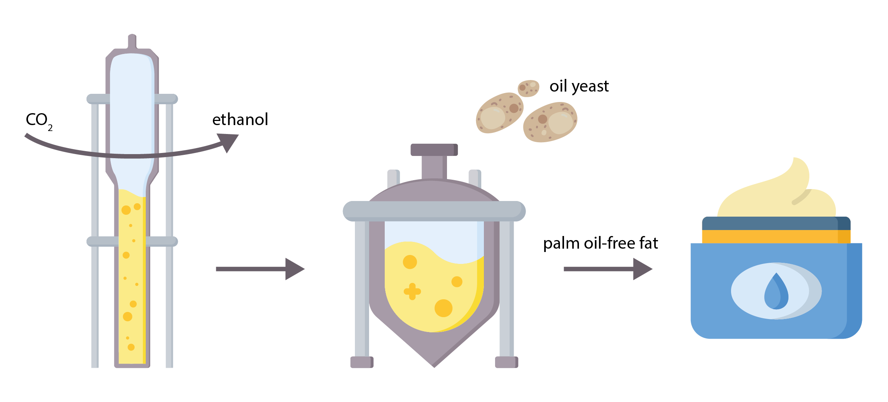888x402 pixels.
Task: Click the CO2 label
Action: click(39, 121)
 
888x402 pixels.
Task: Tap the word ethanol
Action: click(240, 119)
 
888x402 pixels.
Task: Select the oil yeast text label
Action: click(579, 87)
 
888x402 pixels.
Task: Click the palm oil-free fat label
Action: click(601, 243)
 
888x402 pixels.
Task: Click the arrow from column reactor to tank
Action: click(260, 269)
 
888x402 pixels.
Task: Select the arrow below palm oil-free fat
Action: click(608, 269)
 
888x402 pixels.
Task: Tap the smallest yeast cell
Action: click(528, 88)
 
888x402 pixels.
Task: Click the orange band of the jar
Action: click(776, 236)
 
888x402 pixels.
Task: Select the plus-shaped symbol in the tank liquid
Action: click(412, 291)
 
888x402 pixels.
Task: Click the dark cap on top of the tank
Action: click(434, 150)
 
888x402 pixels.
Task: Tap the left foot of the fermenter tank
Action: click(362, 362)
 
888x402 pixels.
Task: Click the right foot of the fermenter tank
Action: click(507, 362)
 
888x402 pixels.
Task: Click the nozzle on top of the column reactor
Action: click(132, 41)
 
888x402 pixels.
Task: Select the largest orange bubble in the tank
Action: click(443, 308)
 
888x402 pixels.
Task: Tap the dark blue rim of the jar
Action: click(776, 223)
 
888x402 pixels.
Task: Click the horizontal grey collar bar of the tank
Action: click(434, 211)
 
